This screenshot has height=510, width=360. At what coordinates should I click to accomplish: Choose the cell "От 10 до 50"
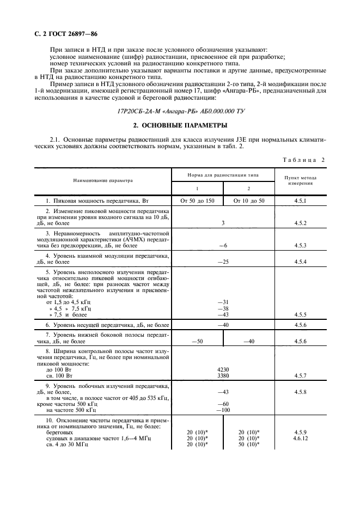[x=249, y=201]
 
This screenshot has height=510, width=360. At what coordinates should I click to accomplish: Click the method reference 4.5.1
[x=301, y=201]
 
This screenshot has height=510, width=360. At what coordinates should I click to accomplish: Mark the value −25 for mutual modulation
[x=222, y=262]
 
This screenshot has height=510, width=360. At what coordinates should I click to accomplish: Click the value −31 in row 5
[x=222, y=302]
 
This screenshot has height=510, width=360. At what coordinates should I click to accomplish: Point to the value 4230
[x=222, y=369]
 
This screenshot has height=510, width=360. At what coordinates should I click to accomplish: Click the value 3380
[x=222, y=375]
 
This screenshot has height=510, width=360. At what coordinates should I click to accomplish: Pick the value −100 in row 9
[x=222, y=410]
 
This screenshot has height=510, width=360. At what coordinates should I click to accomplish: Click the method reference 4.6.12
[x=301, y=438]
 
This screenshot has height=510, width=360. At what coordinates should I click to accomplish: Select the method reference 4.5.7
[x=301, y=375]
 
